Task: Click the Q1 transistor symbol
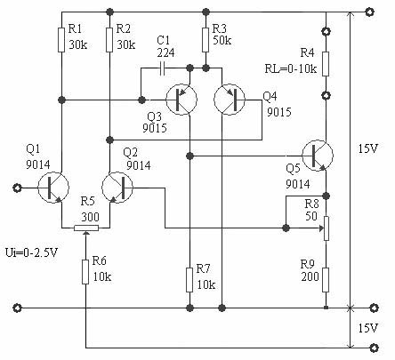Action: tap(53, 188)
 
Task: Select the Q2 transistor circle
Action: tap(117, 188)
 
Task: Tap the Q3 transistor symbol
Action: tap(181, 100)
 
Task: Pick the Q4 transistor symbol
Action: tap(230, 100)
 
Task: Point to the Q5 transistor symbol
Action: tap(318, 156)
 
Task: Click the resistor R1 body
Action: tap(61, 40)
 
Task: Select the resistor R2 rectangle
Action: tap(109, 40)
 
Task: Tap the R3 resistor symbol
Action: tap(206, 40)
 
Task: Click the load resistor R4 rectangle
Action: tap(326, 64)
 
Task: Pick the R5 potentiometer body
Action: tap(86, 228)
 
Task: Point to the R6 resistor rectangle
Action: tap(85, 272)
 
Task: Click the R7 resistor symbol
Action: tap(189, 280)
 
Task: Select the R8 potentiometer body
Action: tap(326, 228)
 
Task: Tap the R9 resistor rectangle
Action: tap(326, 280)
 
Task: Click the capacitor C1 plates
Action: tap(162, 68)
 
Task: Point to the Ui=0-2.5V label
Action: tap(31, 252)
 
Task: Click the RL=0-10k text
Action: tap(291, 68)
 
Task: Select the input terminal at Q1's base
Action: tap(17, 188)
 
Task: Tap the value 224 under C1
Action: tap(165, 52)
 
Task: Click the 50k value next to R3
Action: tap(222, 40)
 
